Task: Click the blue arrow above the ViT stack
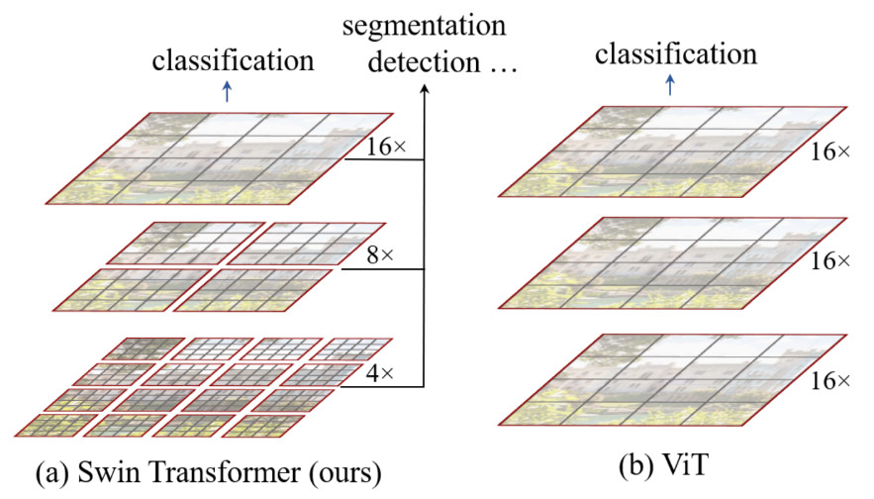coord(670,87)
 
